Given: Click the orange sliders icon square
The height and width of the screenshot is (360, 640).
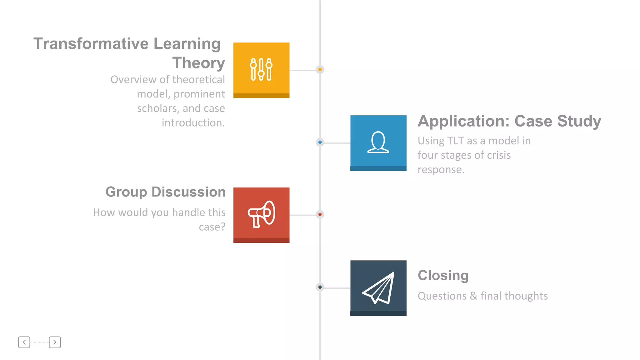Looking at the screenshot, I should tap(261, 70).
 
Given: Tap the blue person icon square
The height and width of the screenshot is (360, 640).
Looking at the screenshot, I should tap(378, 143).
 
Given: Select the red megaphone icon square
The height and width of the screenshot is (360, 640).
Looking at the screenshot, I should tap(261, 215).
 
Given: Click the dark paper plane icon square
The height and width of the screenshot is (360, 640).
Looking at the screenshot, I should tap(378, 288).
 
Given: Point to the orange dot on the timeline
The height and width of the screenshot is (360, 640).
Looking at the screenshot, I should tap(320, 69).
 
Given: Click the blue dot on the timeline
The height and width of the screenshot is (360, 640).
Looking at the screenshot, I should tap(320, 142).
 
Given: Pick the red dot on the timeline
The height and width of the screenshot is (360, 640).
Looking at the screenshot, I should tap(320, 214).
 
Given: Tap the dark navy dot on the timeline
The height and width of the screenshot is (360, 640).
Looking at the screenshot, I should tap(320, 287).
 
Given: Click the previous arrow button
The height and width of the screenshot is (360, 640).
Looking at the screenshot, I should tap(24, 342).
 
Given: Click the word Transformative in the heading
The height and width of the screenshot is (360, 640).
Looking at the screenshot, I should tap(91, 43).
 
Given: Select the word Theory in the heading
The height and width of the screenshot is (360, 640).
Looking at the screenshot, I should tap(198, 63).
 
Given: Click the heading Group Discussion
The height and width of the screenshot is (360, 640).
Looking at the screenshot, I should tap(165, 192).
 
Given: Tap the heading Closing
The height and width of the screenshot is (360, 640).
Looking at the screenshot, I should tap(443, 275).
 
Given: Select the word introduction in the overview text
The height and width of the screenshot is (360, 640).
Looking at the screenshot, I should tap(193, 123).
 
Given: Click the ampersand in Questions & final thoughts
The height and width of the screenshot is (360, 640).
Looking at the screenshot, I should tap(473, 296).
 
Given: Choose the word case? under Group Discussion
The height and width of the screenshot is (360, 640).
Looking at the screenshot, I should tap(212, 227).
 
